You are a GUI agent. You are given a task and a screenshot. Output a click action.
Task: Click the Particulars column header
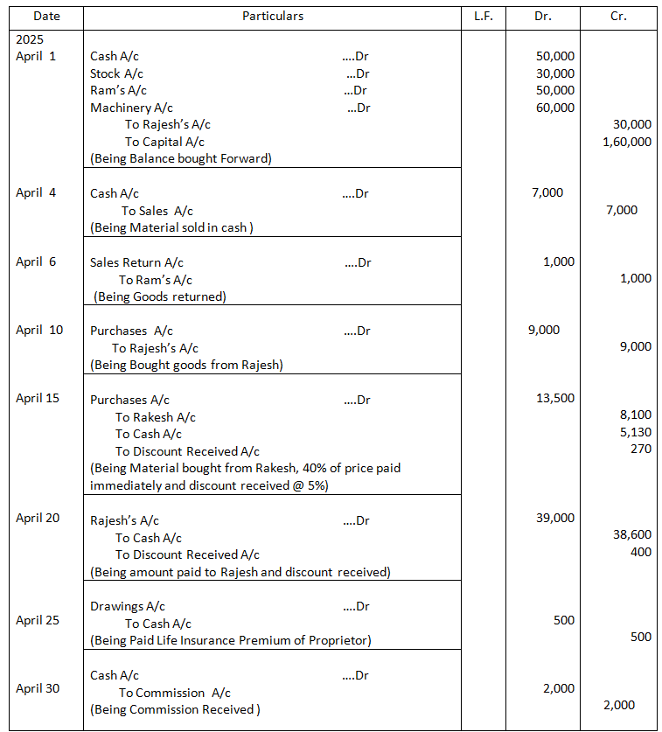273,16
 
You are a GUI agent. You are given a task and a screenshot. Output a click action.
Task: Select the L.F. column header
483,16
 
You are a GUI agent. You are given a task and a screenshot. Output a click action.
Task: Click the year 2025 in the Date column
30,40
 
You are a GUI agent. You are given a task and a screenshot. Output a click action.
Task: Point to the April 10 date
39,331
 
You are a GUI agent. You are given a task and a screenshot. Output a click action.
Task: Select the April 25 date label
38,620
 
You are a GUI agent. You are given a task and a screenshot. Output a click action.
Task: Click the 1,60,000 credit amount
627,142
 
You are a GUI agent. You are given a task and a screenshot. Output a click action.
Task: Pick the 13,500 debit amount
555,398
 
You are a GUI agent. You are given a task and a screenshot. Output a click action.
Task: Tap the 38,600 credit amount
632,533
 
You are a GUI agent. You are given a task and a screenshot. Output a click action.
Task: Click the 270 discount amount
640,450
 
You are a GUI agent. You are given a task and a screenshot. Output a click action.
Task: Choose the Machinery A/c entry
132,108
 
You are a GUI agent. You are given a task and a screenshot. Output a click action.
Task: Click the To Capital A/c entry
165,142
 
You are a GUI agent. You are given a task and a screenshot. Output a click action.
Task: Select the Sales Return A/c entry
136,262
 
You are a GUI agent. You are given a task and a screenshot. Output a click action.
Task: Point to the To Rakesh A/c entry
156,417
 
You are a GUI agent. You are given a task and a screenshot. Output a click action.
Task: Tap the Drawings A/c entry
128,606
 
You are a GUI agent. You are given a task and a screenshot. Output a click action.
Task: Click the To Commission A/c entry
175,692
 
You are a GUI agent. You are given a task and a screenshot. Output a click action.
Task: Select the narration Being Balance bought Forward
181,158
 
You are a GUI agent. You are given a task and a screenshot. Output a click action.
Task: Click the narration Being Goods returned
160,296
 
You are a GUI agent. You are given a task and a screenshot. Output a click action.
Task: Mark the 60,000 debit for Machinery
555,108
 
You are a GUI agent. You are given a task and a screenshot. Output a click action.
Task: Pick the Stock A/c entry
117,73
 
